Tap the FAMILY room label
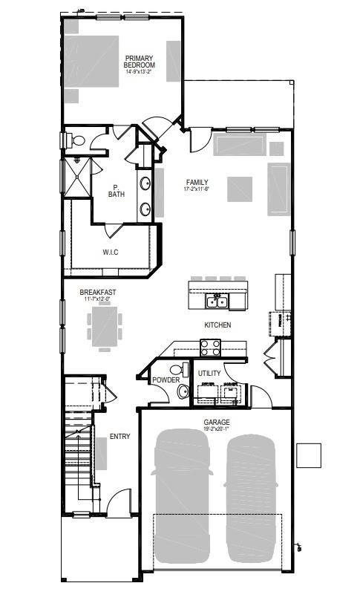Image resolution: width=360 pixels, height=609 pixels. tap(197, 183)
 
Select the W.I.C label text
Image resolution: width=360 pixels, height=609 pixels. tap(111, 253)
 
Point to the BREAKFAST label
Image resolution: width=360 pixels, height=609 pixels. tap(98, 293)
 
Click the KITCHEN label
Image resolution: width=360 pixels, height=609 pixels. tap(217, 325)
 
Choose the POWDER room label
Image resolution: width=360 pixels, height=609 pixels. tap(166, 380)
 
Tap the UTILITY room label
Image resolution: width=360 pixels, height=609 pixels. tap(209, 372)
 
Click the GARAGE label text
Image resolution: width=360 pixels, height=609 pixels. tap(217, 422)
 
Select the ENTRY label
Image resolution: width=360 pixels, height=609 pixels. tap(120, 437)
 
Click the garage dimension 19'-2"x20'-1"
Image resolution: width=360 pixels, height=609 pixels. tap(217, 429)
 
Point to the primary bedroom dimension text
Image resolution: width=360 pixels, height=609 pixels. tap(140, 72)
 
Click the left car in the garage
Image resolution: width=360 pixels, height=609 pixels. tap(182, 494)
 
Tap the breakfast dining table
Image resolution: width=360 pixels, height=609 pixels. tap(105, 325)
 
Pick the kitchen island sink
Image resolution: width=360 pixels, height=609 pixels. tap(217, 302)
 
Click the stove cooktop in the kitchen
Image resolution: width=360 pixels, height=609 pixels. tap(210, 345)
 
